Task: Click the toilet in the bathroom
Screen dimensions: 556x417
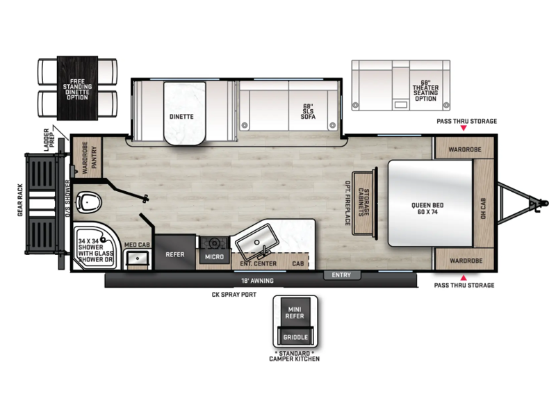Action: pos(89,202)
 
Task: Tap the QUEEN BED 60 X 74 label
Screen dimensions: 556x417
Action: pos(427,208)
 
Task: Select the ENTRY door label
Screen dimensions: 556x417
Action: pos(341,275)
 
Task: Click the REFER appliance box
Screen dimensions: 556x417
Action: pos(175,252)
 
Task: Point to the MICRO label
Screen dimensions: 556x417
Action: pos(214,256)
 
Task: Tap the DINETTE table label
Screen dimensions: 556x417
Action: pos(181,116)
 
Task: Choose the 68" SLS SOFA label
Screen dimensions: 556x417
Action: pos(308,111)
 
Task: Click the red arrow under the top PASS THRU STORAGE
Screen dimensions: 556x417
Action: pos(464,128)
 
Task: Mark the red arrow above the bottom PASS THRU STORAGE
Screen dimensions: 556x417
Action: pos(464,277)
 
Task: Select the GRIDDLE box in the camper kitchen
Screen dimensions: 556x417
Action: pos(295,337)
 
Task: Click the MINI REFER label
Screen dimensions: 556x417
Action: pos(295,313)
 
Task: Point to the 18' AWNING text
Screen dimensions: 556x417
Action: pos(257,281)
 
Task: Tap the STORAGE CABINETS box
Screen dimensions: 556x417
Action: pos(363,203)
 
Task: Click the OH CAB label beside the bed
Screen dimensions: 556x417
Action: pos(483,208)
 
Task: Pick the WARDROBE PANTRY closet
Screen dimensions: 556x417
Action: pos(87,158)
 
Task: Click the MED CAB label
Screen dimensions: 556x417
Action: pos(137,245)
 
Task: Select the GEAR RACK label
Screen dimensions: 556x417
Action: pos(20,200)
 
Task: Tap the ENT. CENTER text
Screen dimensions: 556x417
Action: pos(258,263)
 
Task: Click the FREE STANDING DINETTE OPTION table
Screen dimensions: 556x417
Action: pos(77,88)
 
